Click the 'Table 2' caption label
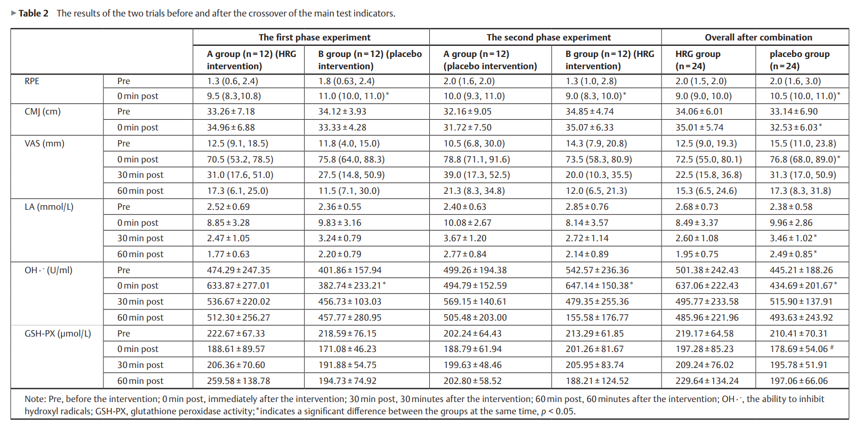click(x=33, y=13)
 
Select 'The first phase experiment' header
click(x=314, y=37)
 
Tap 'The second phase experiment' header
click(x=549, y=37)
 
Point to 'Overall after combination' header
click(x=758, y=37)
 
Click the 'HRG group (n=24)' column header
click(x=698, y=60)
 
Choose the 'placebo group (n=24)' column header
click(x=799, y=60)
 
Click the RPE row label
click(x=32, y=81)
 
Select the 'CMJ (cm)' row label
click(x=43, y=112)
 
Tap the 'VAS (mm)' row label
click(x=44, y=144)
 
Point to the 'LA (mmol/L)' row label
click(x=49, y=207)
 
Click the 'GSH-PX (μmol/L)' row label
click(x=58, y=333)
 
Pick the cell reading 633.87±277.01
click(x=238, y=286)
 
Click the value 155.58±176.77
click(x=597, y=317)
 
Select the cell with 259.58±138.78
click(x=238, y=381)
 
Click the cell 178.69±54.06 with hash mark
click(x=802, y=349)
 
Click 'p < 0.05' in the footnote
click(x=558, y=412)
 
